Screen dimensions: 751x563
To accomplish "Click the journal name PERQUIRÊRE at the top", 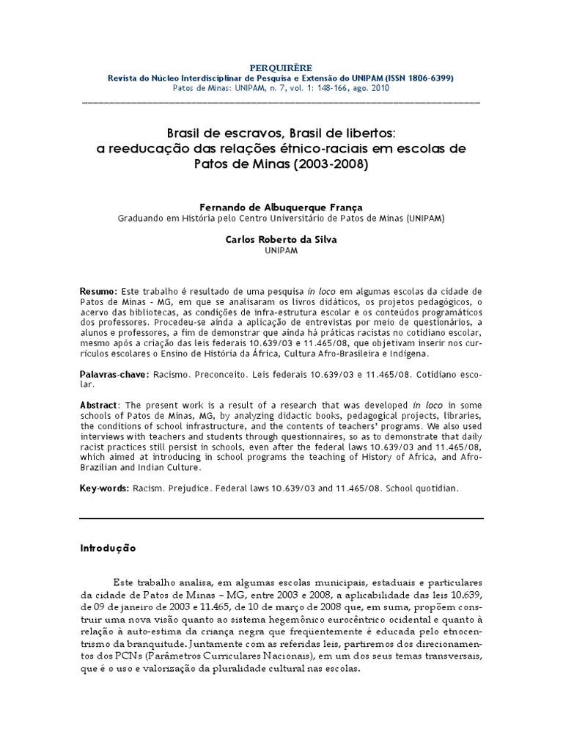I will pos(281,67).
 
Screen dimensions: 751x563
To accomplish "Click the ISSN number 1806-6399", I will pos(424,77).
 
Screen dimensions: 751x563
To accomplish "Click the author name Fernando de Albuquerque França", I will pos(281,208).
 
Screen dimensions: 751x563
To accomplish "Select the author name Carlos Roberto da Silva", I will pos(281,239).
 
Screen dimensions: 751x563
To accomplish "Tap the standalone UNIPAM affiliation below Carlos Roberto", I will pos(281,250).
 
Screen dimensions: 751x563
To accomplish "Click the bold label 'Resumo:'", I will pos(97,292).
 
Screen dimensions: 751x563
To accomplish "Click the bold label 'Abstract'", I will pos(97,403).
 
